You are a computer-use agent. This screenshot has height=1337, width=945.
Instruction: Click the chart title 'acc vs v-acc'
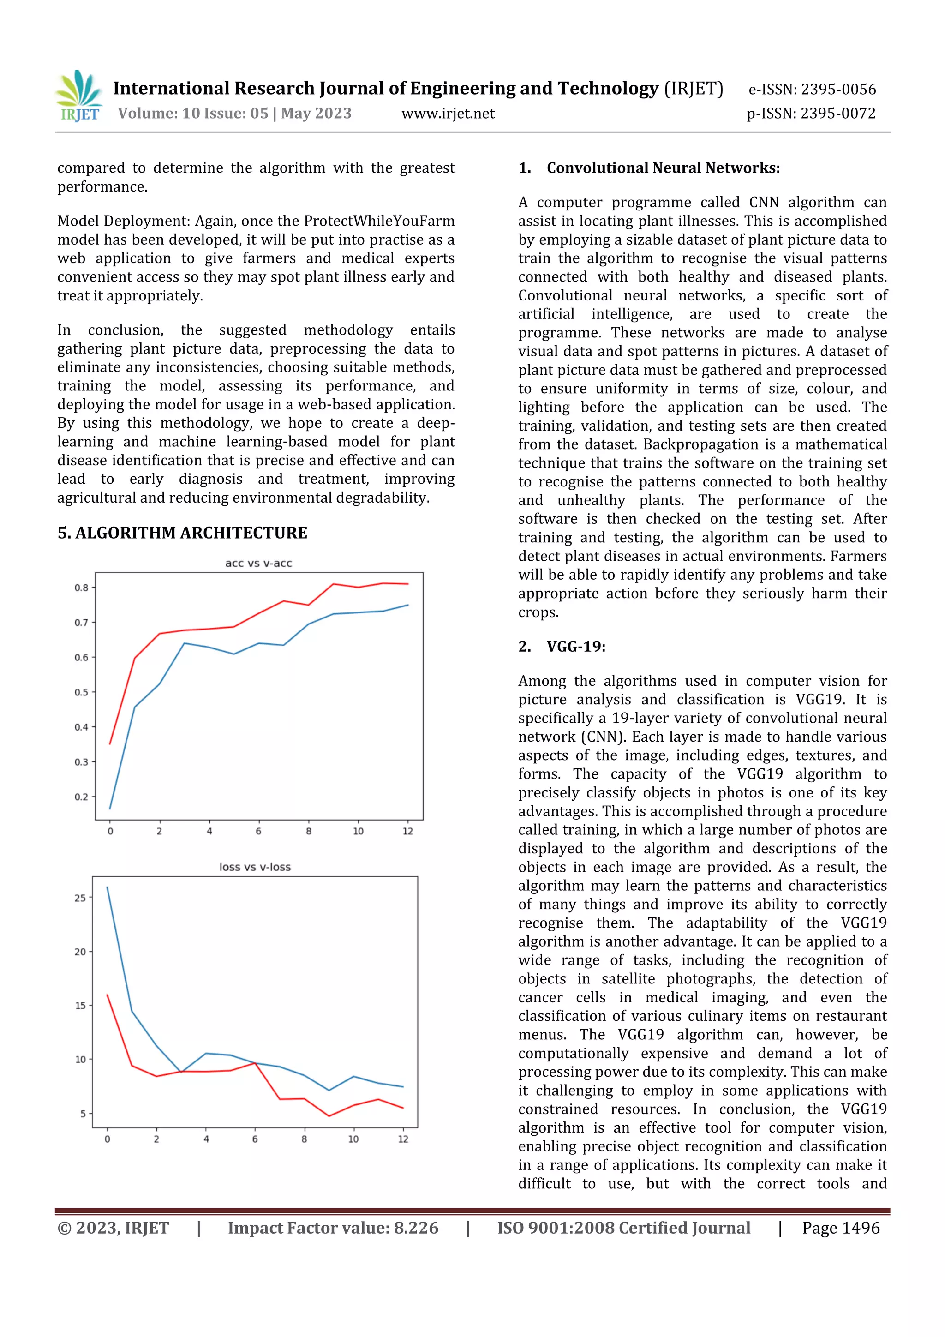tap(258, 563)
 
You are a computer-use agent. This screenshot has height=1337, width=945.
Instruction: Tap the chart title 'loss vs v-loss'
tap(255, 867)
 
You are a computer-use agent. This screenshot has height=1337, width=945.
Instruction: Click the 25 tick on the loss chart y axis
tap(80, 898)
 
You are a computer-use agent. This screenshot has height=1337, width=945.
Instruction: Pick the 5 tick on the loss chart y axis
tap(83, 1113)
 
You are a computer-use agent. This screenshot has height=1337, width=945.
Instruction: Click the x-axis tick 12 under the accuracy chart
tap(407, 831)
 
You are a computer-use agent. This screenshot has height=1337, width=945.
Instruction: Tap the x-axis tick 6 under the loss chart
tap(255, 1139)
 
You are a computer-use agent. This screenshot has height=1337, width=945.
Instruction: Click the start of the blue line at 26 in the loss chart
tap(108, 888)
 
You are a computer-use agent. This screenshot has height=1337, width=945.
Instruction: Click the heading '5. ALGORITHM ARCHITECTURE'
tap(182, 533)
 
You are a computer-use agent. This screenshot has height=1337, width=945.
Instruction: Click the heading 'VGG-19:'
tap(576, 647)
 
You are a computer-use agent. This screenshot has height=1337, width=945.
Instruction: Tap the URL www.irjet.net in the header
tap(448, 114)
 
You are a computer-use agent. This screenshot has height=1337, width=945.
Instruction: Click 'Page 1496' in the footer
tap(841, 1228)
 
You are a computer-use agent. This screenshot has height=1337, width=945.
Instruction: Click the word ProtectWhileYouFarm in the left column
tap(379, 221)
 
